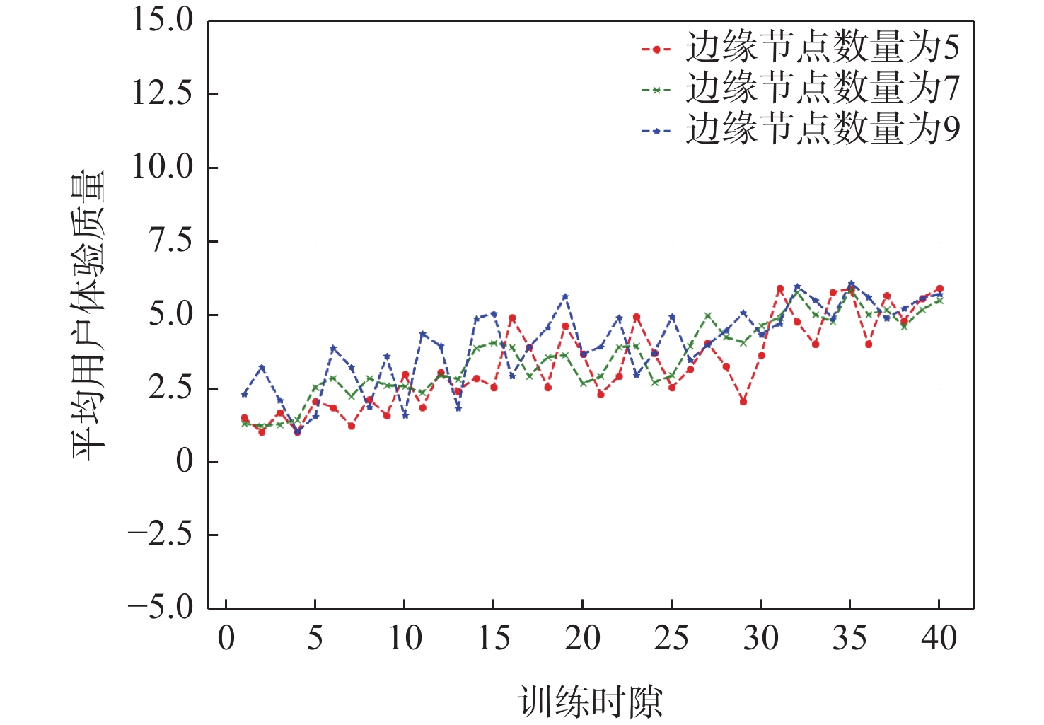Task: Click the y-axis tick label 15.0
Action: (163, 20)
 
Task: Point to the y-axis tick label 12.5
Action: (163, 93)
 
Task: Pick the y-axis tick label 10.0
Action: (163, 167)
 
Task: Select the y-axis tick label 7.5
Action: (170, 240)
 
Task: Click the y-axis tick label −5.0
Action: (161, 608)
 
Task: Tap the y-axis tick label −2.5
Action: (161, 534)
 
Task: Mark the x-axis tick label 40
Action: (939, 638)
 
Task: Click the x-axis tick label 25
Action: (671, 638)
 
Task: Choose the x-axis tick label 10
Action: (404, 638)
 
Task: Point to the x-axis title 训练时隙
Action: (591, 702)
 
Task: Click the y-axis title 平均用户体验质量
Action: (88, 314)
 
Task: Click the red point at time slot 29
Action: (743, 401)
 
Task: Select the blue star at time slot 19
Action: (565, 297)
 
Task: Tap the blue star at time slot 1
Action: (245, 394)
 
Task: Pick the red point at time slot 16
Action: (512, 318)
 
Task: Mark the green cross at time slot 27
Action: (708, 315)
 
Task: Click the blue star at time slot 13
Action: (458, 408)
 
